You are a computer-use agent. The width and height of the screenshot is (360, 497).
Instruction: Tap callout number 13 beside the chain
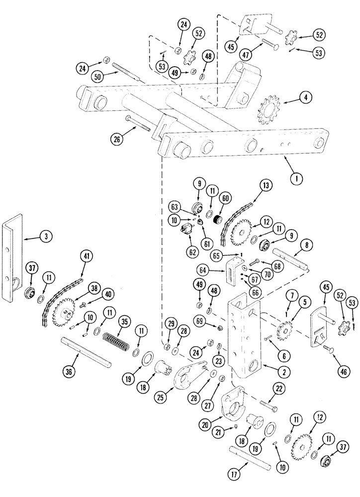pos(263,185)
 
